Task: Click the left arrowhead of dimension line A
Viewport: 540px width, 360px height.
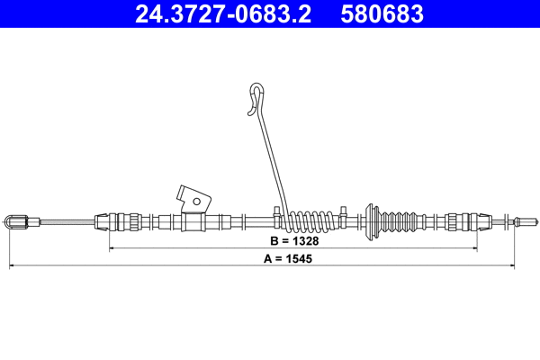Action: [12, 265]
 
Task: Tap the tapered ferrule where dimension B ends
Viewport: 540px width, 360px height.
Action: [468, 220]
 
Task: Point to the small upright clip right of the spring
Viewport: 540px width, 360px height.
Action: [343, 215]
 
